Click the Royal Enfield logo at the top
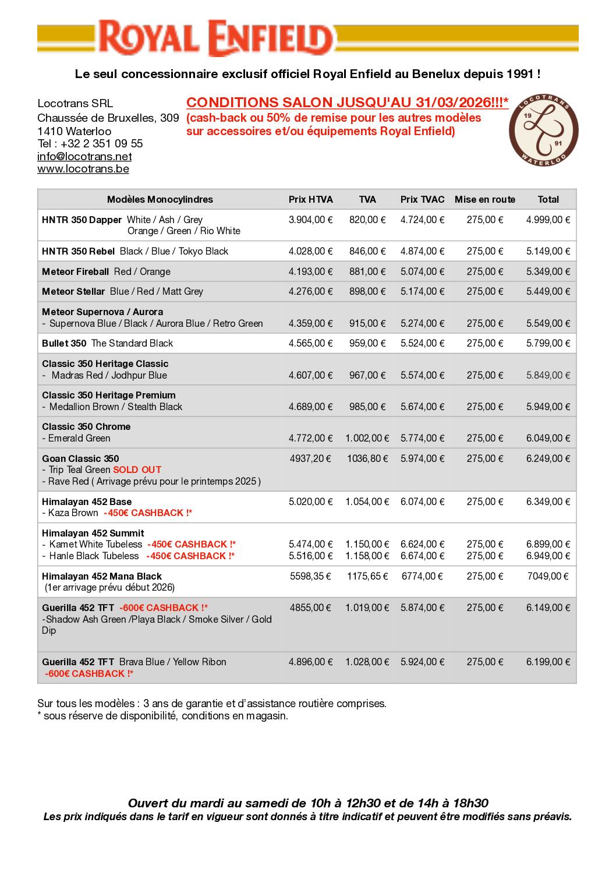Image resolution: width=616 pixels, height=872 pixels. pos(215,38)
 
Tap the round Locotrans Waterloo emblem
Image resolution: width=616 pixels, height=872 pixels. pos(544,129)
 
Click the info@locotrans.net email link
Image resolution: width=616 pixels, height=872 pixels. pos(84,157)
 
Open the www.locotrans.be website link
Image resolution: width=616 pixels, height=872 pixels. pos(83,169)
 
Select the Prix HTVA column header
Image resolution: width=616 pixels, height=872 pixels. pos(311,199)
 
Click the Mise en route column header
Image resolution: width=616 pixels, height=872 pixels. pos(485,199)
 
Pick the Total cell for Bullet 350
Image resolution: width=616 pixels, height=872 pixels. pos(548,343)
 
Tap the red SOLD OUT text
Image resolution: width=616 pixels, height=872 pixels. pos(137,469)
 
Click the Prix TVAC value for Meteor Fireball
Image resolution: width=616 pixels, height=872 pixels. pos(422,271)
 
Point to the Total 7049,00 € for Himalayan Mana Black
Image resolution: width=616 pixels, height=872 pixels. pos(548,576)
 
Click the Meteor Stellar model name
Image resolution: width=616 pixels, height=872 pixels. pos(73,291)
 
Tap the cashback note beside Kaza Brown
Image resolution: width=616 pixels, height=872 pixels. pos(148,513)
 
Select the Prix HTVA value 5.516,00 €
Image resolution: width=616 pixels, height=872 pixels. pos(311,556)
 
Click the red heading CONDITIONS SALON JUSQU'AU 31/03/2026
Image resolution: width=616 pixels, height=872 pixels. pos(347,103)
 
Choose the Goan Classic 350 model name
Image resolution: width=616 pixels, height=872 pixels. pos(80,458)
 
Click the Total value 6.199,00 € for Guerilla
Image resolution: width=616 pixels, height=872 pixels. pos(548,662)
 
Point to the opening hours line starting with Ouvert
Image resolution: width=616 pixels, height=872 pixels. pos(308,803)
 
